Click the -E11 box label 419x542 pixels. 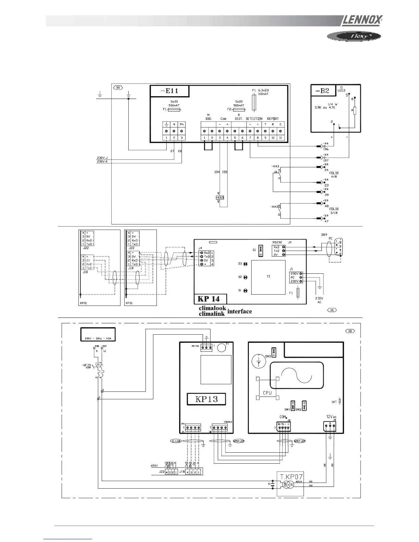[x=169, y=91]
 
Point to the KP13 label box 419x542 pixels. [x=207, y=399]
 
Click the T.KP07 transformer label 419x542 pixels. [x=290, y=477]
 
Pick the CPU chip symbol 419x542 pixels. [x=267, y=388]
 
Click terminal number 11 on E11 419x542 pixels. [x=280, y=138]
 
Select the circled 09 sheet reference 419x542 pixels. [x=118, y=88]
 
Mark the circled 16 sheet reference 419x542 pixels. [x=332, y=310]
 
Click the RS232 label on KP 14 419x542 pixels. [x=277, y=242]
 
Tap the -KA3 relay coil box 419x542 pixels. [x=220, y=198]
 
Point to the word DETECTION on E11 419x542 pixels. [x=254, y=119]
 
